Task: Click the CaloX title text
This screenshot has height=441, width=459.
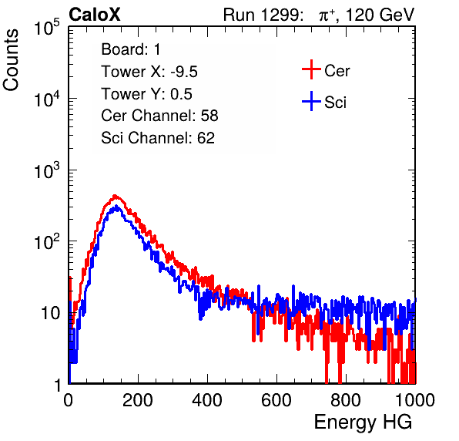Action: click(x=95, y=15)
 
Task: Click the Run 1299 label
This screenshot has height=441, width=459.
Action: click(x=263, y=15)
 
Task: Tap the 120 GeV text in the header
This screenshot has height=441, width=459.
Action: click(x=380, y=15)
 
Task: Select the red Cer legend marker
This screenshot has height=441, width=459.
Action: click(x=311, y=69)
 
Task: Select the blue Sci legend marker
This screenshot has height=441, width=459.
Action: click(x=311, y=101)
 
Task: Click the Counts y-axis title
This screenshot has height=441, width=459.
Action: click(x=11, y=60)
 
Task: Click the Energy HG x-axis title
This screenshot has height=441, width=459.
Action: click(x=363, y=422)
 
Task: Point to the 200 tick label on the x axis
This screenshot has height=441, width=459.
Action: click(x=138, y=400)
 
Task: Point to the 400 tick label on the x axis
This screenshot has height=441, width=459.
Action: click(x=207, y=400)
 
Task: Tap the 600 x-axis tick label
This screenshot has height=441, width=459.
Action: click(x=276, y=400)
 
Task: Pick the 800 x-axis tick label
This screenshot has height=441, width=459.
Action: click(x=346, y=400)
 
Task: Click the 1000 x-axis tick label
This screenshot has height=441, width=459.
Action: click(x=415, y=400)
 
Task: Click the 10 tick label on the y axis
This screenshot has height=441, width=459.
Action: click(x=51, y=313)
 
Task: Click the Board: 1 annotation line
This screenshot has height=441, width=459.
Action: click(x=131, y=49)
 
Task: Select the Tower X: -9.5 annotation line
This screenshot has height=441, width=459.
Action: click(x=149, y=72)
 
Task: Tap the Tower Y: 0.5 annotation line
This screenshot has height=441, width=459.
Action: click(x=146, y=94)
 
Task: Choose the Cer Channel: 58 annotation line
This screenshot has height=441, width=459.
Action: click(x=159, y=116)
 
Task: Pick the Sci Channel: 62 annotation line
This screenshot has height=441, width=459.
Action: click(x=158, y=138)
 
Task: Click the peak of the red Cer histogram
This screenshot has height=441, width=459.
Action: click(x=115, y=196)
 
